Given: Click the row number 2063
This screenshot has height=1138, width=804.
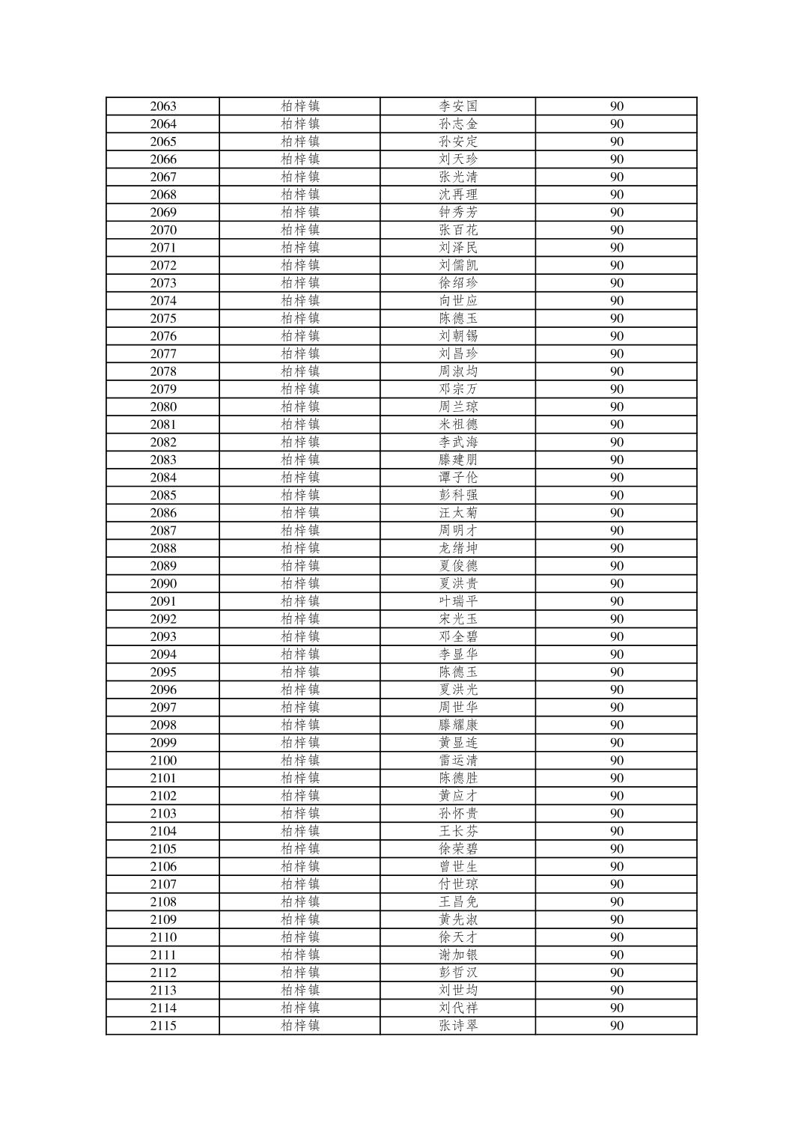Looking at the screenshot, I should coord(163,106).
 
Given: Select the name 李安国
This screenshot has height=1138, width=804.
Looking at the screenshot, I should coord(458,106).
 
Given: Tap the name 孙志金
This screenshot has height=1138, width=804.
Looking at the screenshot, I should coord(458,124).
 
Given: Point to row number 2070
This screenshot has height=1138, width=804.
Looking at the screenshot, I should coord(163,230).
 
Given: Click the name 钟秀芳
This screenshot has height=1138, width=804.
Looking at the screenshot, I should coord(458,213).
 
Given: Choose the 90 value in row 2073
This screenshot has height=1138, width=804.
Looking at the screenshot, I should coord(616,283).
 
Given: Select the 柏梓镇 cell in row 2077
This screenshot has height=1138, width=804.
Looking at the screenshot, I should coord(300,354).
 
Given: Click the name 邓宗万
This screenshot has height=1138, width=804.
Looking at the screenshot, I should coord(458,389).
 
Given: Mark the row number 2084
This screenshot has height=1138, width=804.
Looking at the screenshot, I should coord(163,478).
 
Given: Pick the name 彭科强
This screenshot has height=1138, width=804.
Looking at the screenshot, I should coord(458,496).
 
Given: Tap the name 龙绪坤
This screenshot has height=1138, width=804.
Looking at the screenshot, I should coord(458,548).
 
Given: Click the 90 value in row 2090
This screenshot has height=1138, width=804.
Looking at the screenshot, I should coord(616,584).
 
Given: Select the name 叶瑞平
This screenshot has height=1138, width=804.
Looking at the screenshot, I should coord(458,601).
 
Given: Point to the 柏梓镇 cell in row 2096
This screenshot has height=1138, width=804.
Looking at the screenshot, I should coord(300,690).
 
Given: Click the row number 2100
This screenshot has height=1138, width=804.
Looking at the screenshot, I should coord(163,761).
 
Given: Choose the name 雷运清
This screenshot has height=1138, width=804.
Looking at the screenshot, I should coord(458,761).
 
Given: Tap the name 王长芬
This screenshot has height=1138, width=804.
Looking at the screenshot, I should coord(458,831).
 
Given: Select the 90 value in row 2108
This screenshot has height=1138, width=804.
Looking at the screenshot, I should coord(616,902).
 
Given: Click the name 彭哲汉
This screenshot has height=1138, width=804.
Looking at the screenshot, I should coord(458,973).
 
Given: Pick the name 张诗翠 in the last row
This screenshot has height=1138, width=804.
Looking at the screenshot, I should coord(458,1026).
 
